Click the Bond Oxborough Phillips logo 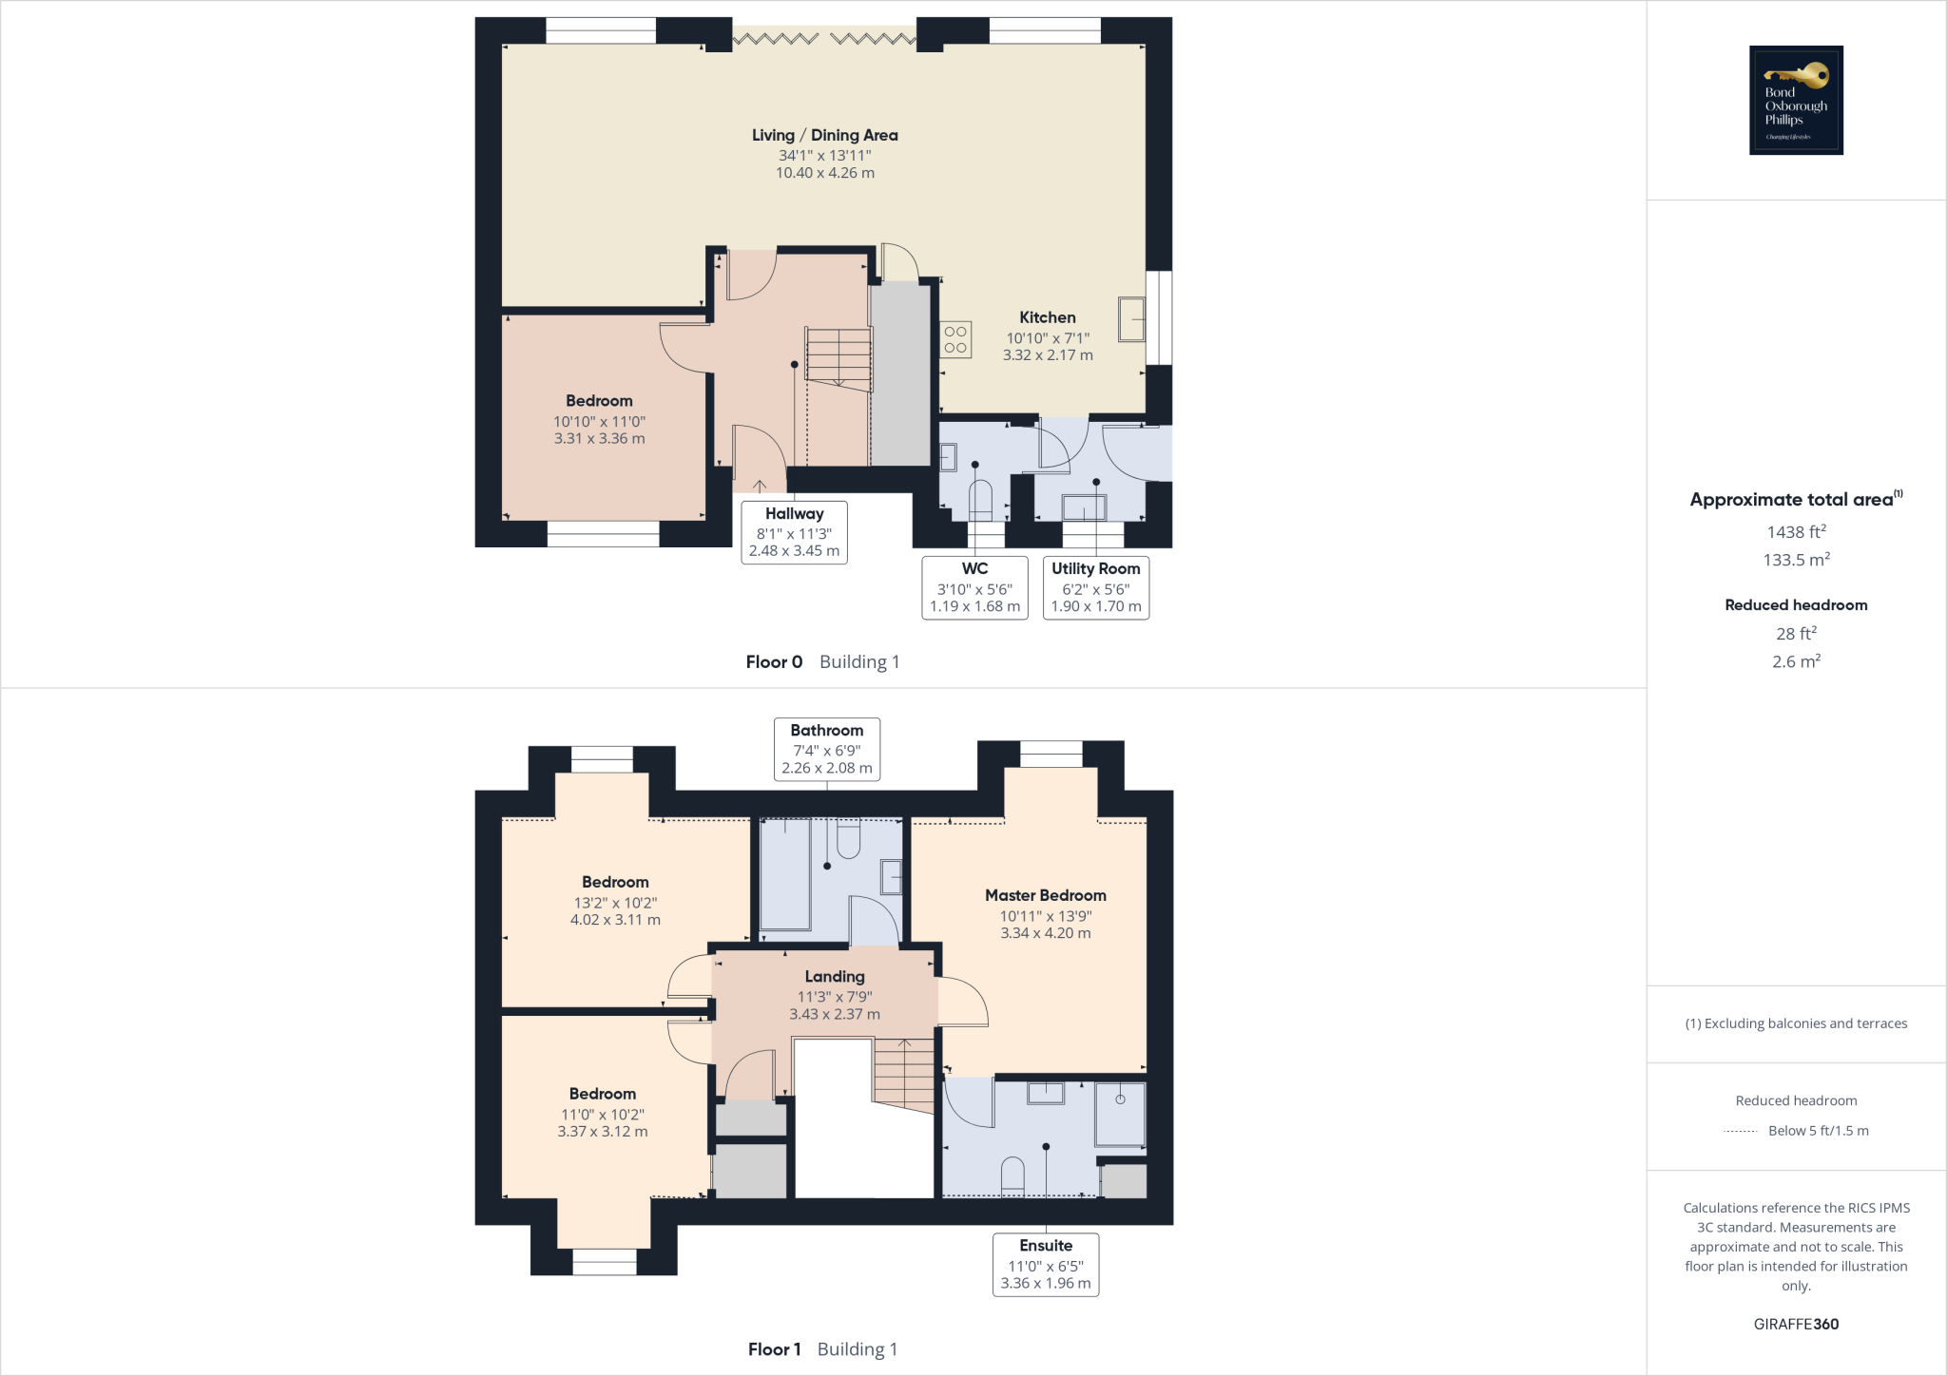coord(1796,100)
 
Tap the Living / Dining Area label coord(824,136)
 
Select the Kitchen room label coord(1048,317)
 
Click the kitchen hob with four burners coord(955,339)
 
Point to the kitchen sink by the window coord(1131,319)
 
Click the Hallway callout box coord(794,532)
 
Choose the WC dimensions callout coord(974,587)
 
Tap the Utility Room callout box coord(1095,587)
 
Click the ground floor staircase coord(839,356)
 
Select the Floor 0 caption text coord(774,662)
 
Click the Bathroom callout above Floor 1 coord(826,749)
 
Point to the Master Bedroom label coord(1045,895)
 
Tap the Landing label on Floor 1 coord(834,977)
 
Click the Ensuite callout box coord(1045,1264)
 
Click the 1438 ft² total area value coord(1795,532)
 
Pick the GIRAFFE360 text coord(1795,1324)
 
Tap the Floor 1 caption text coord(774,1349)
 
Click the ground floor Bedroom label coord(599,401)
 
